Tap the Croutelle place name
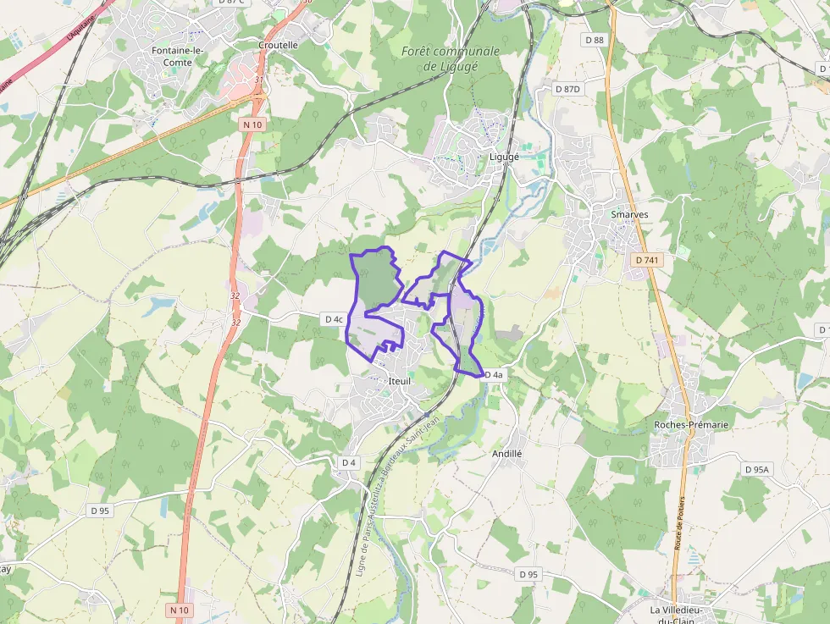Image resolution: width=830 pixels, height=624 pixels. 278,45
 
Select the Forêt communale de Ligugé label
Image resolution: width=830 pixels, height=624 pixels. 450,58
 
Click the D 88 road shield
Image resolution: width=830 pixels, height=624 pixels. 595,40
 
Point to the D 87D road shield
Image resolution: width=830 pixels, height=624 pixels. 567,88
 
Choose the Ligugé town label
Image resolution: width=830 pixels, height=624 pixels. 504,157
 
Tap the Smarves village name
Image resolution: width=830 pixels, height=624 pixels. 629,214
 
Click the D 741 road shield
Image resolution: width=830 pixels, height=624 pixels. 647,260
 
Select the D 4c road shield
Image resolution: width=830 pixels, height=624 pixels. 334,319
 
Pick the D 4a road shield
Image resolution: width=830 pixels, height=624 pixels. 493,374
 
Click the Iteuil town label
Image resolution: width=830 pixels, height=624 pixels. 398,382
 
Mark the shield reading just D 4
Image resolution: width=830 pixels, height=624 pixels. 348,462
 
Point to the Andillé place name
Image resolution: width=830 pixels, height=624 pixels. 507,454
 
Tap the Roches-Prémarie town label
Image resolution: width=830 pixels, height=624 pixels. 691,424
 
